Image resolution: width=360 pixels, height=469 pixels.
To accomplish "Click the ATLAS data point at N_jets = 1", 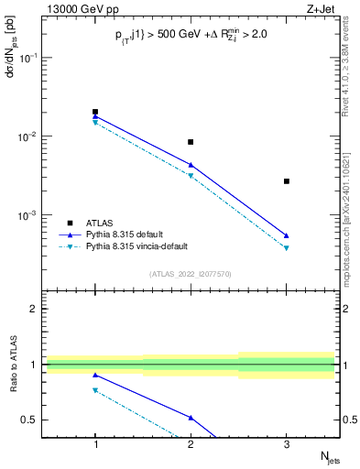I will pyautogui.click(x=95, y=112).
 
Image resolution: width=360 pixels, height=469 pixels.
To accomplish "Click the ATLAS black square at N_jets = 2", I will pyautogui.click(x=191, y=142).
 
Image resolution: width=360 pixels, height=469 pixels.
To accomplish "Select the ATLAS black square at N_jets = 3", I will pyautogui.click(x=287, y=181).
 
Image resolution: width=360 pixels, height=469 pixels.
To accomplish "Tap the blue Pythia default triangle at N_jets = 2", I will pyautogui.click(x=191, y=165).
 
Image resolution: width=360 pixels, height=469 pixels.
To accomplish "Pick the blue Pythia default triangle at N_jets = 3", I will pyautogui.click(x=287, y=235).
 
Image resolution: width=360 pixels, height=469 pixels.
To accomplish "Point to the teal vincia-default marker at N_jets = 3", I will pyautogui.click(x=287, y=248).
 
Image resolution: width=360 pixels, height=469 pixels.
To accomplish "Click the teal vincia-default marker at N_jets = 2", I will pyautogui.click(x=191, y=176).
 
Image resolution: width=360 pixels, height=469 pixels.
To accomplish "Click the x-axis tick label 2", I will pyautogui.click(x=191, y=444).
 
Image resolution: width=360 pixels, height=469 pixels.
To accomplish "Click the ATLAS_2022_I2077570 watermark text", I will pyautogui.click(x=190, y=273).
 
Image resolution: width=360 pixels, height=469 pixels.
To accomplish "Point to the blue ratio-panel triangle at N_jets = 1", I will pyautogui.click(x=95, y=375).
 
